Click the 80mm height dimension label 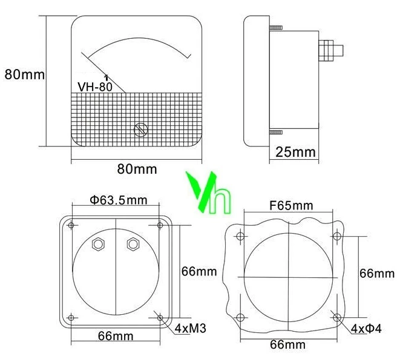click(24, 74)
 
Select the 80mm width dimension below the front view click(137, 169)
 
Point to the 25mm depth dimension click(296, 151)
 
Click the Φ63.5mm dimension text click(119, 200)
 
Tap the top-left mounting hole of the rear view click(72, 226)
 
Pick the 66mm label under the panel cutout click(287, 344)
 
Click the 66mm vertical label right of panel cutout click(376, 274)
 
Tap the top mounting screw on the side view click(275, 28)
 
